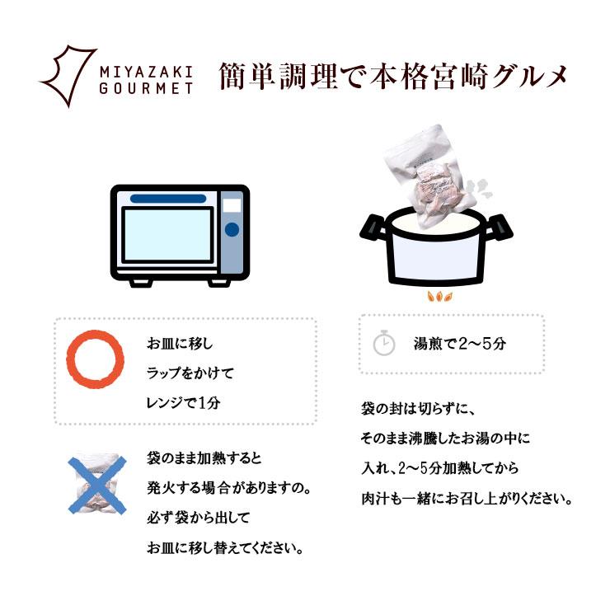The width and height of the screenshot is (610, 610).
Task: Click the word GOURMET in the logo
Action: (144, 87)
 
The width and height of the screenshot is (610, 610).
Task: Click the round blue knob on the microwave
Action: (232, 229)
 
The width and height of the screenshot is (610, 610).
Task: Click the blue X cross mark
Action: (96, 487)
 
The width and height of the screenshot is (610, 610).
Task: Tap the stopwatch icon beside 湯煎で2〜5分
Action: (384, 344)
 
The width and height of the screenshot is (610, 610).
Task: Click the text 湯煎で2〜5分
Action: (459, 344)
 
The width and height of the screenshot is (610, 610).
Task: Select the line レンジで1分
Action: (184, 403)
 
